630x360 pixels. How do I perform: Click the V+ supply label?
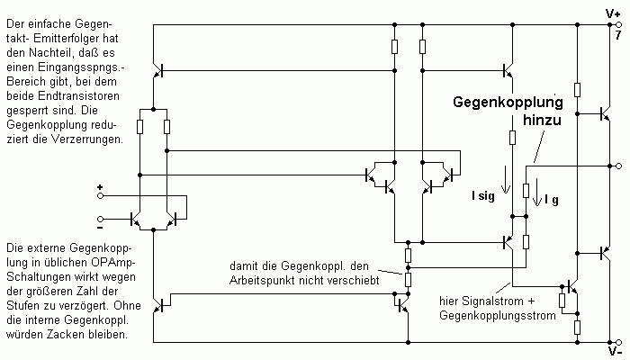tap(615, 13)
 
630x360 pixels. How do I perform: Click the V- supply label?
tap(614, 354)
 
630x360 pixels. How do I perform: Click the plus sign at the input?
tap(100, 188)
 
